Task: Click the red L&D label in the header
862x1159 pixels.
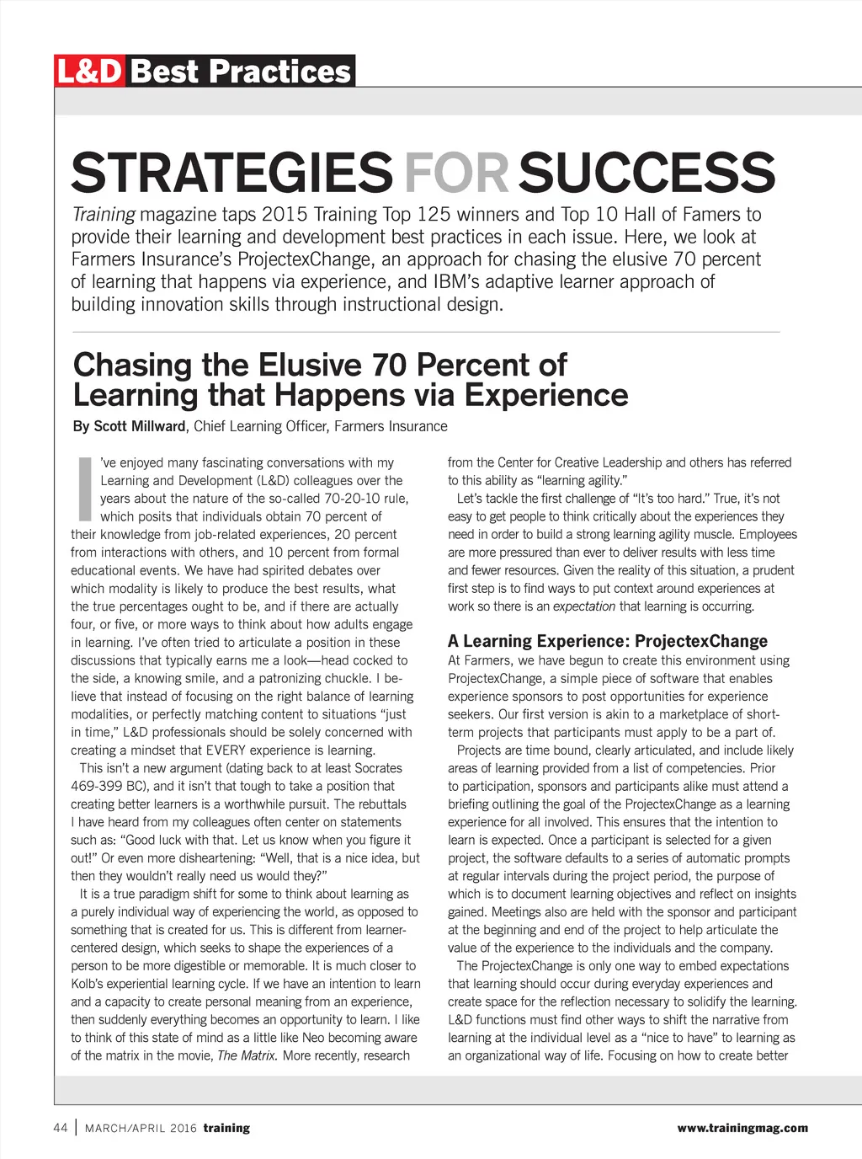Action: (89, 72)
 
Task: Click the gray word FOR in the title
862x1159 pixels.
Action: (455, 173)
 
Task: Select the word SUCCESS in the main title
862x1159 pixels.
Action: (646, 173)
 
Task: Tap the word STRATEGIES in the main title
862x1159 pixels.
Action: (231, 173)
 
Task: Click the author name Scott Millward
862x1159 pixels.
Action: (139, 426)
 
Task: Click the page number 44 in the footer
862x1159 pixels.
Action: (60, 1128)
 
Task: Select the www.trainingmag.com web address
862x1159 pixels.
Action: (742, 1128)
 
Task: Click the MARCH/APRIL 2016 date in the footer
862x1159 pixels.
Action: (141, 1129)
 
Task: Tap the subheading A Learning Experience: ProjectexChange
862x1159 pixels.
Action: (608, 641)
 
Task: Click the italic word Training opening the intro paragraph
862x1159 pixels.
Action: (103, 215)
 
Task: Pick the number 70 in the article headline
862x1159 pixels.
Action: (389, 366)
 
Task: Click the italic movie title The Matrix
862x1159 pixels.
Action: (247, 1055)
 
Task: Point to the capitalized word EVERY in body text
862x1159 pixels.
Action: (228, 750)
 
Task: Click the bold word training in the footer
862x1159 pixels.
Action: (226, 1129)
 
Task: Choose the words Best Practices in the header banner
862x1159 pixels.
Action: (241, 72)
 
